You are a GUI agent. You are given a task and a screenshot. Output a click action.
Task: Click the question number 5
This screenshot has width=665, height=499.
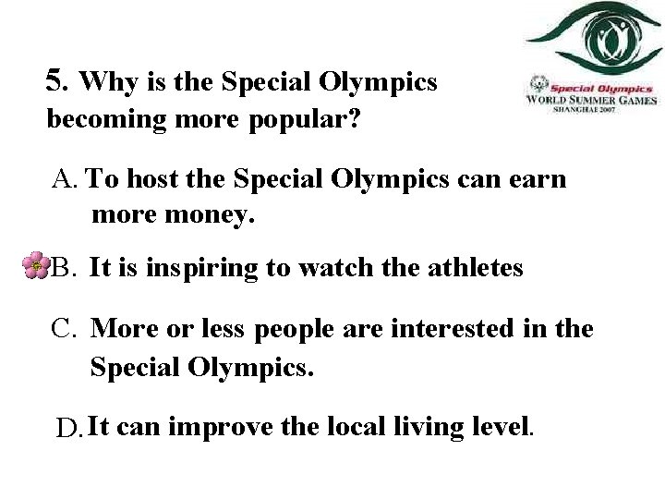pos(56,81)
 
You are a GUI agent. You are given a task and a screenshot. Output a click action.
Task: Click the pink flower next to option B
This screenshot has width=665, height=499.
pos(34,266)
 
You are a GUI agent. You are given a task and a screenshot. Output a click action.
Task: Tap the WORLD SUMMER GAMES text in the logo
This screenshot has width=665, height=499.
pos(591,100)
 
